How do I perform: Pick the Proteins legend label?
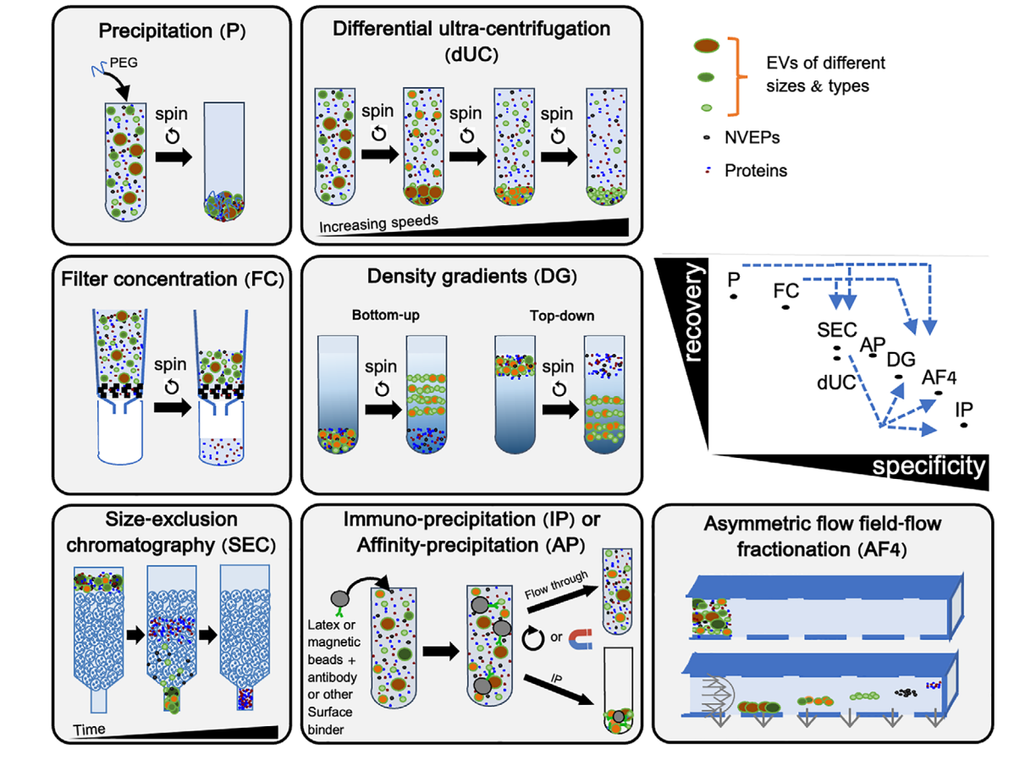click(x=755, y=170)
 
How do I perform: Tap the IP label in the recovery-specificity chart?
click(x=963, y=408)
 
